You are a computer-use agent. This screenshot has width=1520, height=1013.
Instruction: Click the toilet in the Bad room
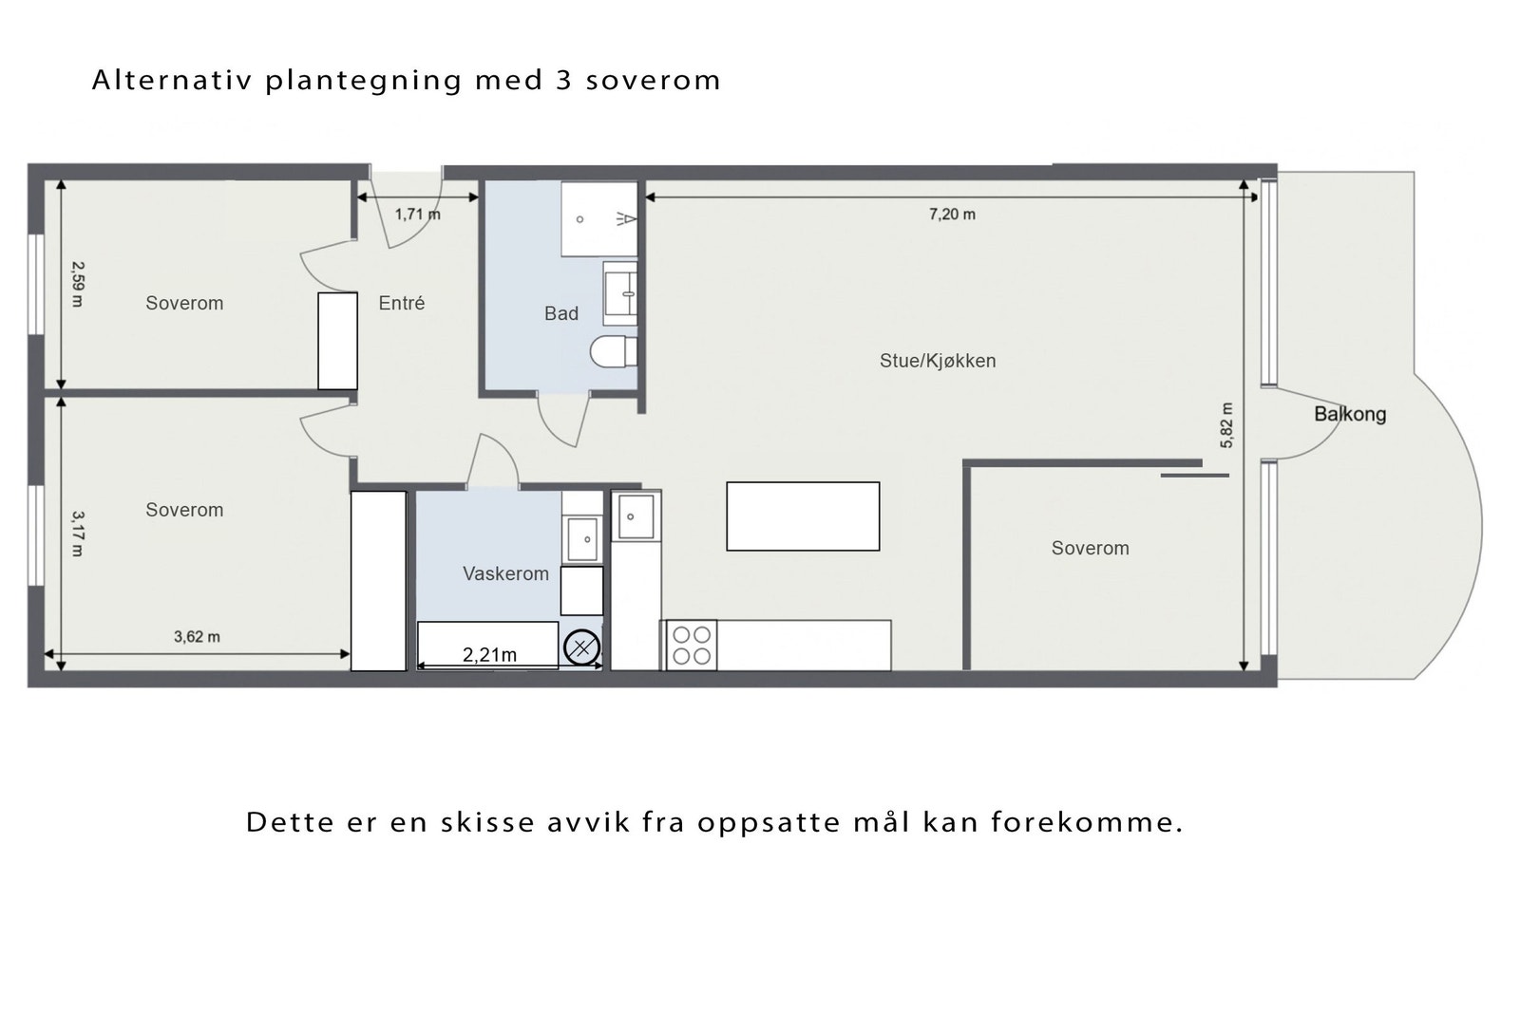(613, 351)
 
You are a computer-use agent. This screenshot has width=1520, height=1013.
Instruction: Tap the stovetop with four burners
(692, 645)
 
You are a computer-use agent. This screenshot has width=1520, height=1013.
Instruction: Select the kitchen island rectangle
(803, 516)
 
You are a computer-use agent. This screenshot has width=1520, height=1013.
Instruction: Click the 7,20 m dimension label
(952, 215)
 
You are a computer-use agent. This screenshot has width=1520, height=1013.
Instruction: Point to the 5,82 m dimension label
(1226, 424)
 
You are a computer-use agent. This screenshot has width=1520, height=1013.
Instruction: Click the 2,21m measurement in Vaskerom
(489, 655)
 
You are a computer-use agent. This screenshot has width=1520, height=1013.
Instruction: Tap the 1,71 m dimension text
(417, 215)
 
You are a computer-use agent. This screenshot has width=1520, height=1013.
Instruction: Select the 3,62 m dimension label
(197, 637)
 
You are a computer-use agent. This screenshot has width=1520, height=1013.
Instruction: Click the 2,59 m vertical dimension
(77, 284)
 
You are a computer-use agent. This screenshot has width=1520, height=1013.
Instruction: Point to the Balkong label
(1349, 414)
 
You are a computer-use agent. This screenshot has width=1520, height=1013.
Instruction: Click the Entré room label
(401, 303)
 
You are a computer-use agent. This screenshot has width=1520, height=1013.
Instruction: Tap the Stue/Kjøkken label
(937, 361)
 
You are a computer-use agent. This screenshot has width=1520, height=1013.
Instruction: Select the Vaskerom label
(505, 573)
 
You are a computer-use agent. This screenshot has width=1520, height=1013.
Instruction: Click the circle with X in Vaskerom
(581, 648)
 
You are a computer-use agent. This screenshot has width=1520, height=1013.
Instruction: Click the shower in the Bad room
(598, 219)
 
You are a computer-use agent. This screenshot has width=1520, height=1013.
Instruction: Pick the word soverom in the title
(653, 80)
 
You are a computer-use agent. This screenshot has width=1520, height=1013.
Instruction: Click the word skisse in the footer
(487, 821)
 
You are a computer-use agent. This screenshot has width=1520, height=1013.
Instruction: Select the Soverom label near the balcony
(1090, 548)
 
